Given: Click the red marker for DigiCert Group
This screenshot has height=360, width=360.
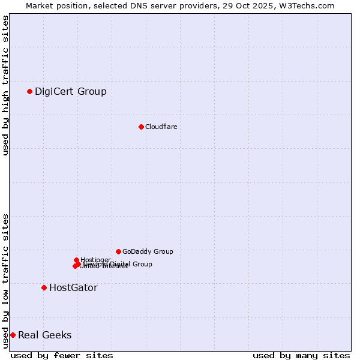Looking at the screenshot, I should [29, 91].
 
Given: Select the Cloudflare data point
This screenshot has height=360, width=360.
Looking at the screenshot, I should [141, 127].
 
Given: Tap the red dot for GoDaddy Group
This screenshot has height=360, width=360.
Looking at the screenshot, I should [118, 251].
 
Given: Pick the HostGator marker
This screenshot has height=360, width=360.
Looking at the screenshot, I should [44, 287].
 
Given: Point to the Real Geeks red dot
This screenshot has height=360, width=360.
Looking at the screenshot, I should [13, 335].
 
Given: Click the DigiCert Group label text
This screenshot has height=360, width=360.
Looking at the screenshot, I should [70, 91].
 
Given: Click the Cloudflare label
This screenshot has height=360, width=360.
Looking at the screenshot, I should [161, 127].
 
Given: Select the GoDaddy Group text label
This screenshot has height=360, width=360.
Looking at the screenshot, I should [147, 251].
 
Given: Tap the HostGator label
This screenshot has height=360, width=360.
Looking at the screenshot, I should [73, 287].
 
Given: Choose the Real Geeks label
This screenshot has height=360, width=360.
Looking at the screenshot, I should [44, 335].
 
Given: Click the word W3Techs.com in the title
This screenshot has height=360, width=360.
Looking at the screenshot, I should [310, 5].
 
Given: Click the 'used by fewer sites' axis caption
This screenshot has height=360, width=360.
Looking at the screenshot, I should [62, 355].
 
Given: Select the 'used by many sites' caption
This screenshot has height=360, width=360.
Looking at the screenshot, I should [301, 355].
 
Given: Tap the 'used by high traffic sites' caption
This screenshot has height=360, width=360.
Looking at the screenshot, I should [5, 85].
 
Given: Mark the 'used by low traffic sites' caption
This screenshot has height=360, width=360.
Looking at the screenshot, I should [5, 281].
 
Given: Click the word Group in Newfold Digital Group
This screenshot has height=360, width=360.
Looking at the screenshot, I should [142, 264].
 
